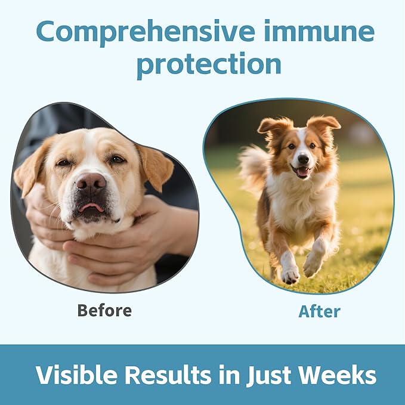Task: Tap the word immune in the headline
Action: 320,30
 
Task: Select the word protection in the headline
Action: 209,65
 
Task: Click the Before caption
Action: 104,310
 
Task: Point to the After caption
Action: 319,311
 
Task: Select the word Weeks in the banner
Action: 338,375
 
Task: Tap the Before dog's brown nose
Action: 91,181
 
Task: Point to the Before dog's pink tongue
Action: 91,207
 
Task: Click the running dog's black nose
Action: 303,159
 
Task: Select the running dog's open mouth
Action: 302,171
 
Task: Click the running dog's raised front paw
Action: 312,264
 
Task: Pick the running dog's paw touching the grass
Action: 290,276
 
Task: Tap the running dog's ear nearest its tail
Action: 274,127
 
